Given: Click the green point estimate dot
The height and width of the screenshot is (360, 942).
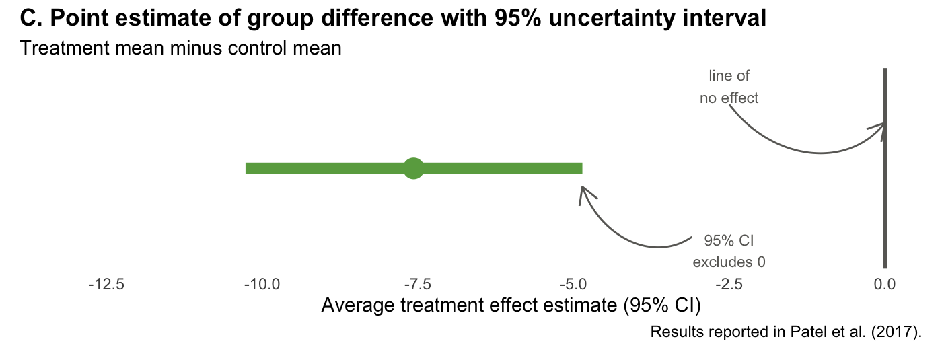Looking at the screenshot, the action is [413, 169].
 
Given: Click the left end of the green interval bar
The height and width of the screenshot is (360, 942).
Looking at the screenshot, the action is [246, 169].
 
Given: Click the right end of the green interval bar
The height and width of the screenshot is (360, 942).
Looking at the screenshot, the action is [582, 169].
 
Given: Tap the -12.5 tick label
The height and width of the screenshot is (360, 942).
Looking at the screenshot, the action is [106, 285].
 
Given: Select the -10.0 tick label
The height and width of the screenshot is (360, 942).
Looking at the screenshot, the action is [262, 285].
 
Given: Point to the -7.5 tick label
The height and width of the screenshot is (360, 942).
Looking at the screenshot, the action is [418, 285].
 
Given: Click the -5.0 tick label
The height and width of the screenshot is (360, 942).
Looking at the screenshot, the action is [573, 285].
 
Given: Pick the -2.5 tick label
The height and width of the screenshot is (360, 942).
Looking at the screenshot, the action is [729, 285].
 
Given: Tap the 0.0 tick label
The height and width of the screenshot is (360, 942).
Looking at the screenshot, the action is [884, 285].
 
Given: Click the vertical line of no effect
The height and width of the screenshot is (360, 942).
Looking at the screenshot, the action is [885, 168].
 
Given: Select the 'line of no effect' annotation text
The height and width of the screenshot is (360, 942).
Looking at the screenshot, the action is [729, 87].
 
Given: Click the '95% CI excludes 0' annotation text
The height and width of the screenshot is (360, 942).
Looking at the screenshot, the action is [729, 252].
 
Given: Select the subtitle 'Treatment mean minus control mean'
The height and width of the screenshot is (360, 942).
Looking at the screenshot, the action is [180, 48].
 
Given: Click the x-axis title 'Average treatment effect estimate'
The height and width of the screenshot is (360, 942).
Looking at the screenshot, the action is [469, 305].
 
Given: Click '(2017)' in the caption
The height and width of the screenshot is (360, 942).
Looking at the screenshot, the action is [896, 332].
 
